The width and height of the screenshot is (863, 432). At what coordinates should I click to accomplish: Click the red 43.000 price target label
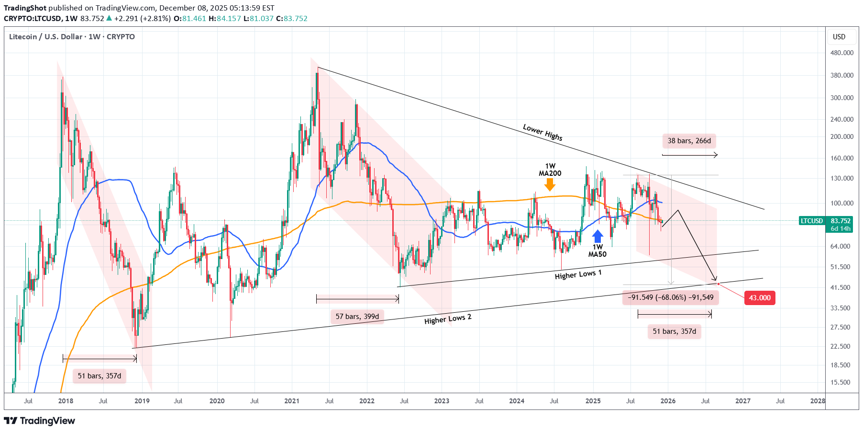760,298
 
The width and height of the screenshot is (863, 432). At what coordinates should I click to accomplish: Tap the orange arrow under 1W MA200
550,184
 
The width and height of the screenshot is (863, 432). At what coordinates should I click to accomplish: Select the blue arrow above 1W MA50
597,236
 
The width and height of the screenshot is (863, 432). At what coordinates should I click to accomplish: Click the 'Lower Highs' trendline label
542,132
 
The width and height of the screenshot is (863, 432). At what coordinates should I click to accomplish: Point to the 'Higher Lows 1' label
578,274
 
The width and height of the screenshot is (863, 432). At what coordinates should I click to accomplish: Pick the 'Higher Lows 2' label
448,319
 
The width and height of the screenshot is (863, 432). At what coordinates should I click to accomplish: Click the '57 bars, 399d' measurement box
357,317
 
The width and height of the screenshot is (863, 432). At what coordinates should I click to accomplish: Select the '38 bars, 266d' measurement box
689,141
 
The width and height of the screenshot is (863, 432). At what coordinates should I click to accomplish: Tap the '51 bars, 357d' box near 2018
100,376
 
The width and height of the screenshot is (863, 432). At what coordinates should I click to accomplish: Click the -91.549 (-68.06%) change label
671,297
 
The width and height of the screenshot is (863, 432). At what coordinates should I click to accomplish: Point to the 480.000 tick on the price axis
842,53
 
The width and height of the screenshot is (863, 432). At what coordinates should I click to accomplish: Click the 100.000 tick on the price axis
842,203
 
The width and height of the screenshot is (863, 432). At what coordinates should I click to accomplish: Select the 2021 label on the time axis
292,401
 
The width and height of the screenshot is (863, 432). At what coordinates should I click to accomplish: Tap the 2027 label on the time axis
743,401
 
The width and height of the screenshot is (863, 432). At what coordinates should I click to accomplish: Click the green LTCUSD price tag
812,221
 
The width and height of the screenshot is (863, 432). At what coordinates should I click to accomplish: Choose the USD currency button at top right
839,37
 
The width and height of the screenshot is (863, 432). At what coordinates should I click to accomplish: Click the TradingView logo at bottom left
40,421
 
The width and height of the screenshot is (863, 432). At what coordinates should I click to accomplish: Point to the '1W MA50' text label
597,251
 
